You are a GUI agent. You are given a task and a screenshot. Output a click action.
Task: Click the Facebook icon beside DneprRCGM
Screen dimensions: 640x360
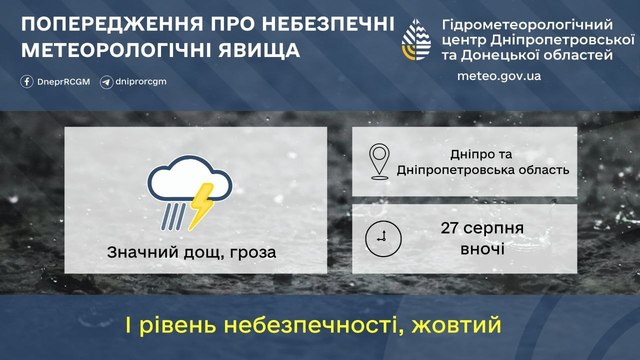click(x=27, y=82)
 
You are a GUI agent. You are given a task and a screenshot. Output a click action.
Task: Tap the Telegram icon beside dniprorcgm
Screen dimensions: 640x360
click(x=107, y=82)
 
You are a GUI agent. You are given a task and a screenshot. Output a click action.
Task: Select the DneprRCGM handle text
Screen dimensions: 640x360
click(x=64, y=82)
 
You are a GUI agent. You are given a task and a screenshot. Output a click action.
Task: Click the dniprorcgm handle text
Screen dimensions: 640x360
click(x=141, y=82)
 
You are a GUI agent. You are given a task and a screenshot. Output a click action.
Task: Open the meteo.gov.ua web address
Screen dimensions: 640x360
click(x=499, y=76)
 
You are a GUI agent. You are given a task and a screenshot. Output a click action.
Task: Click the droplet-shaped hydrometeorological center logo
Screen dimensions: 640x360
click(x=416, y=40)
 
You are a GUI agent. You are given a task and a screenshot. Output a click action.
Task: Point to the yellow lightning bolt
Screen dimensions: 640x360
click(x=200, y=206)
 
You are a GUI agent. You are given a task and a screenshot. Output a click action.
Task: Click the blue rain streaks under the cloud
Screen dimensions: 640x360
click(x=173, y=216)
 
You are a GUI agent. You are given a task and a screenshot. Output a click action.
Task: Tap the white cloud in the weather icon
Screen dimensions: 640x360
click(x=189, y=179)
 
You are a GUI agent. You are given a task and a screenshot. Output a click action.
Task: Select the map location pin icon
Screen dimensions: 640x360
click(x=379, y=162)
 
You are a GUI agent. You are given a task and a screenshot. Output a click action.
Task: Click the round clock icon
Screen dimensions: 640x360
click(x=383, y=239)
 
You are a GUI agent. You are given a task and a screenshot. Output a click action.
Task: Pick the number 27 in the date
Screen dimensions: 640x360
click(x=449, y=228)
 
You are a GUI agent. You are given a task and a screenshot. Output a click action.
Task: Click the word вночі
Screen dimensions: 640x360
click(x=482, y=249)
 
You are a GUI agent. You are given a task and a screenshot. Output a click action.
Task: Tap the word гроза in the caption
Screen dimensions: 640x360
click(x=253, y=253)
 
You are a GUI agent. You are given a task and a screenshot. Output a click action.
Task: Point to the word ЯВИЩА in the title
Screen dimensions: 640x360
click(x=259, y=50)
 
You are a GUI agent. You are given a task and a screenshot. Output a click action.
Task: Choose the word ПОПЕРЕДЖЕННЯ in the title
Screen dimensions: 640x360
click(x=112, y=24)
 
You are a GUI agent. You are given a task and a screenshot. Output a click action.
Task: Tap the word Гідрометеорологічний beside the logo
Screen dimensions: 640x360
click(x=527, y=25)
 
